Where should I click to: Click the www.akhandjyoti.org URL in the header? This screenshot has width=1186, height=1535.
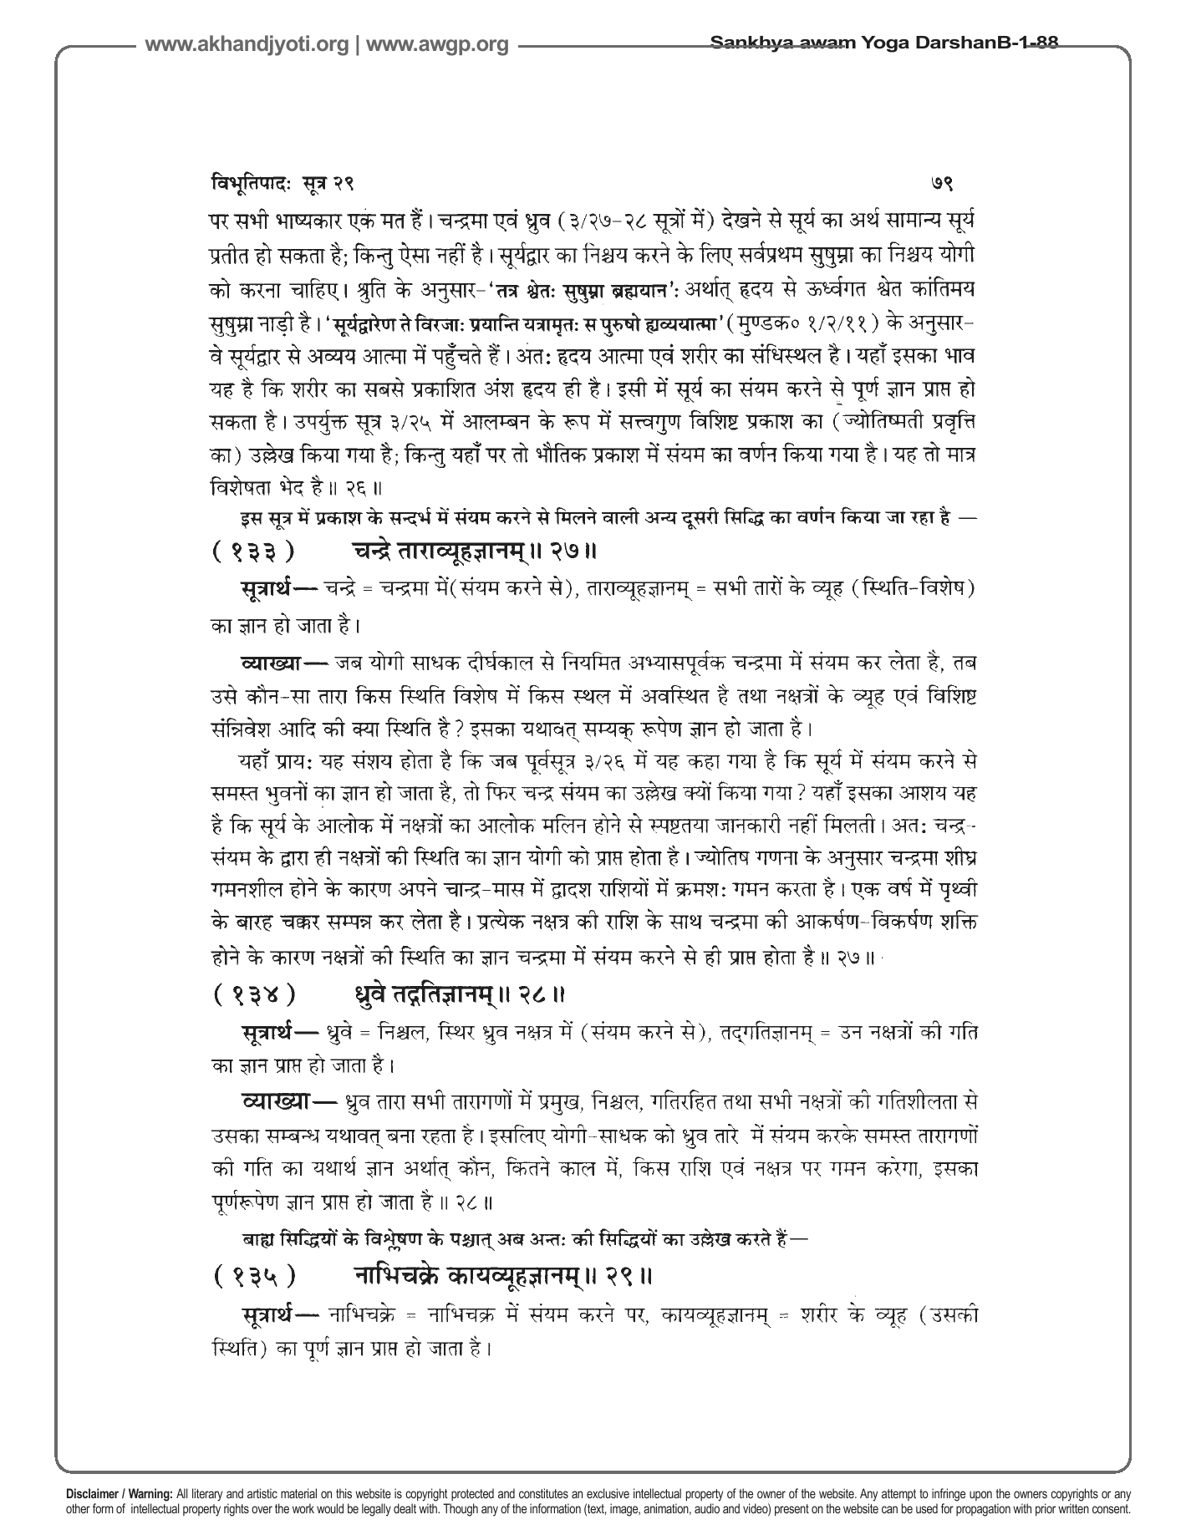(247, 45)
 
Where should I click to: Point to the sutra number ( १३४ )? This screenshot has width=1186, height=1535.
(253, 994)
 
